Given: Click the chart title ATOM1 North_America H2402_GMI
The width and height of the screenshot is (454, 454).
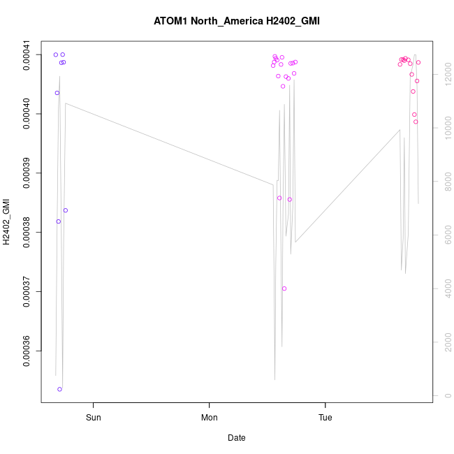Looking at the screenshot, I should pos(237,21).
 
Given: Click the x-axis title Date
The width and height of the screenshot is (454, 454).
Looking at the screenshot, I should pos(237,438).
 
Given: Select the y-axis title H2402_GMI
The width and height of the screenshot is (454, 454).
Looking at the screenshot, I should pos(8,222).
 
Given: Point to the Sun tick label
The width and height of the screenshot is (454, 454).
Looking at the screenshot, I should pos(93,418).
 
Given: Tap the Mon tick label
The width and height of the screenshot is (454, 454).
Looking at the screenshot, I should pos(210,418).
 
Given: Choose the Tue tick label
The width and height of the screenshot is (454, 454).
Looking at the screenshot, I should pos(325,418).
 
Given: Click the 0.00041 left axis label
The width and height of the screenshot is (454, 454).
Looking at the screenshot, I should pos(27,54).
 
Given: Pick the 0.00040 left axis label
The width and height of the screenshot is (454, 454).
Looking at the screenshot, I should pos(27,114).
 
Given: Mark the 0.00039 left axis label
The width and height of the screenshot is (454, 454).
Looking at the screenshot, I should pos(27,173).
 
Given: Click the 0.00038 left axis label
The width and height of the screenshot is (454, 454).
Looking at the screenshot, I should pos(27,232).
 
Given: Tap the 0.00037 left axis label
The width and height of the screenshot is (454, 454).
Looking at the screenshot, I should pos(27,291).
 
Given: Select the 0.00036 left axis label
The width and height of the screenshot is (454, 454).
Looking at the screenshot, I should pos(27,351).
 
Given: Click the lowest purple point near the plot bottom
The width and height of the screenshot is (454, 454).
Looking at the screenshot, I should pos(60,389).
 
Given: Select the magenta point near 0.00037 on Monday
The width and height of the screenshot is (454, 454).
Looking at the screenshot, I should pos(284,288).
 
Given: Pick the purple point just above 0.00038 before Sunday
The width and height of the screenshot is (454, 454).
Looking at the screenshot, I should pos(66,210).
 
